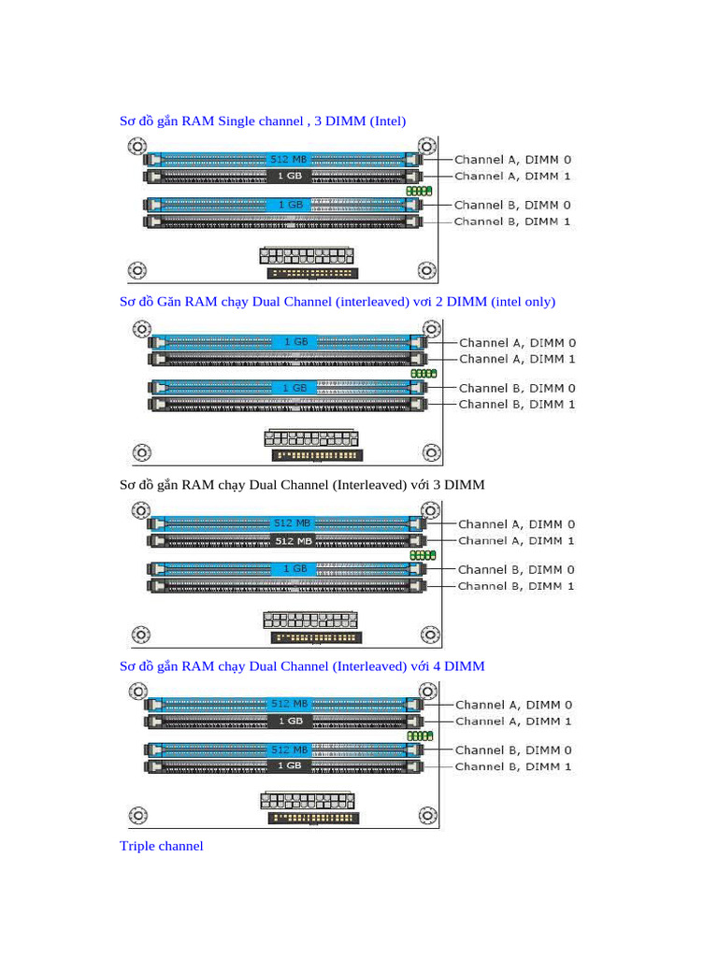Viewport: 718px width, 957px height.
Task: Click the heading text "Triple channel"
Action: (x=161, y=847)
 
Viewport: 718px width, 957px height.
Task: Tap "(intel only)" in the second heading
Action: (x=519, y=302)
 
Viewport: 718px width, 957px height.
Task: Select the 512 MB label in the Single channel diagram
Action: (x=287, y=160)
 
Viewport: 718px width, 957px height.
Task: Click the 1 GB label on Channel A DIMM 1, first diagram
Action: (x=287, y=176)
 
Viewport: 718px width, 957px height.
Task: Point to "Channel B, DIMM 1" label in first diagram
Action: (x=511, y=221)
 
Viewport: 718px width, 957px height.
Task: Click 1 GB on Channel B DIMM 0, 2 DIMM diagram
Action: (x=294, y=388)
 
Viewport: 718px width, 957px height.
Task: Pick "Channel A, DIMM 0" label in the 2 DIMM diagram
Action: (x=517, y=343)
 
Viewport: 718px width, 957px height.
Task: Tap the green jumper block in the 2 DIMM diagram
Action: (x=424, y=374)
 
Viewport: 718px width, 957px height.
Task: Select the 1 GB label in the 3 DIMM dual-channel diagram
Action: (x=294, y=569)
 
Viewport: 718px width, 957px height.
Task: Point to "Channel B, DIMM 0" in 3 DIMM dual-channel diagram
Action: (x=516, y=569)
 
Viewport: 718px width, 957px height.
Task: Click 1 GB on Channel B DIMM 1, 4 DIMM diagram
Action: (x=289, y=766)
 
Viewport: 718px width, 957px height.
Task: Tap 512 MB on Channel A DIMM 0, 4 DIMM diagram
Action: (x=289, y=704)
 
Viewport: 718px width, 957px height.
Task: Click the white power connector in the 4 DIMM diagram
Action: (x=309, y=800)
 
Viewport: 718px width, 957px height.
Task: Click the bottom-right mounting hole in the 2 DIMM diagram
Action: (x=431, y=452)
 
